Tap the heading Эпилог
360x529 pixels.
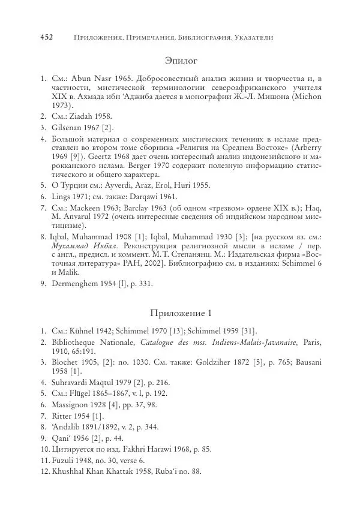click(181, 60)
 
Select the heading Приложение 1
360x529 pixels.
click(180, 313)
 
